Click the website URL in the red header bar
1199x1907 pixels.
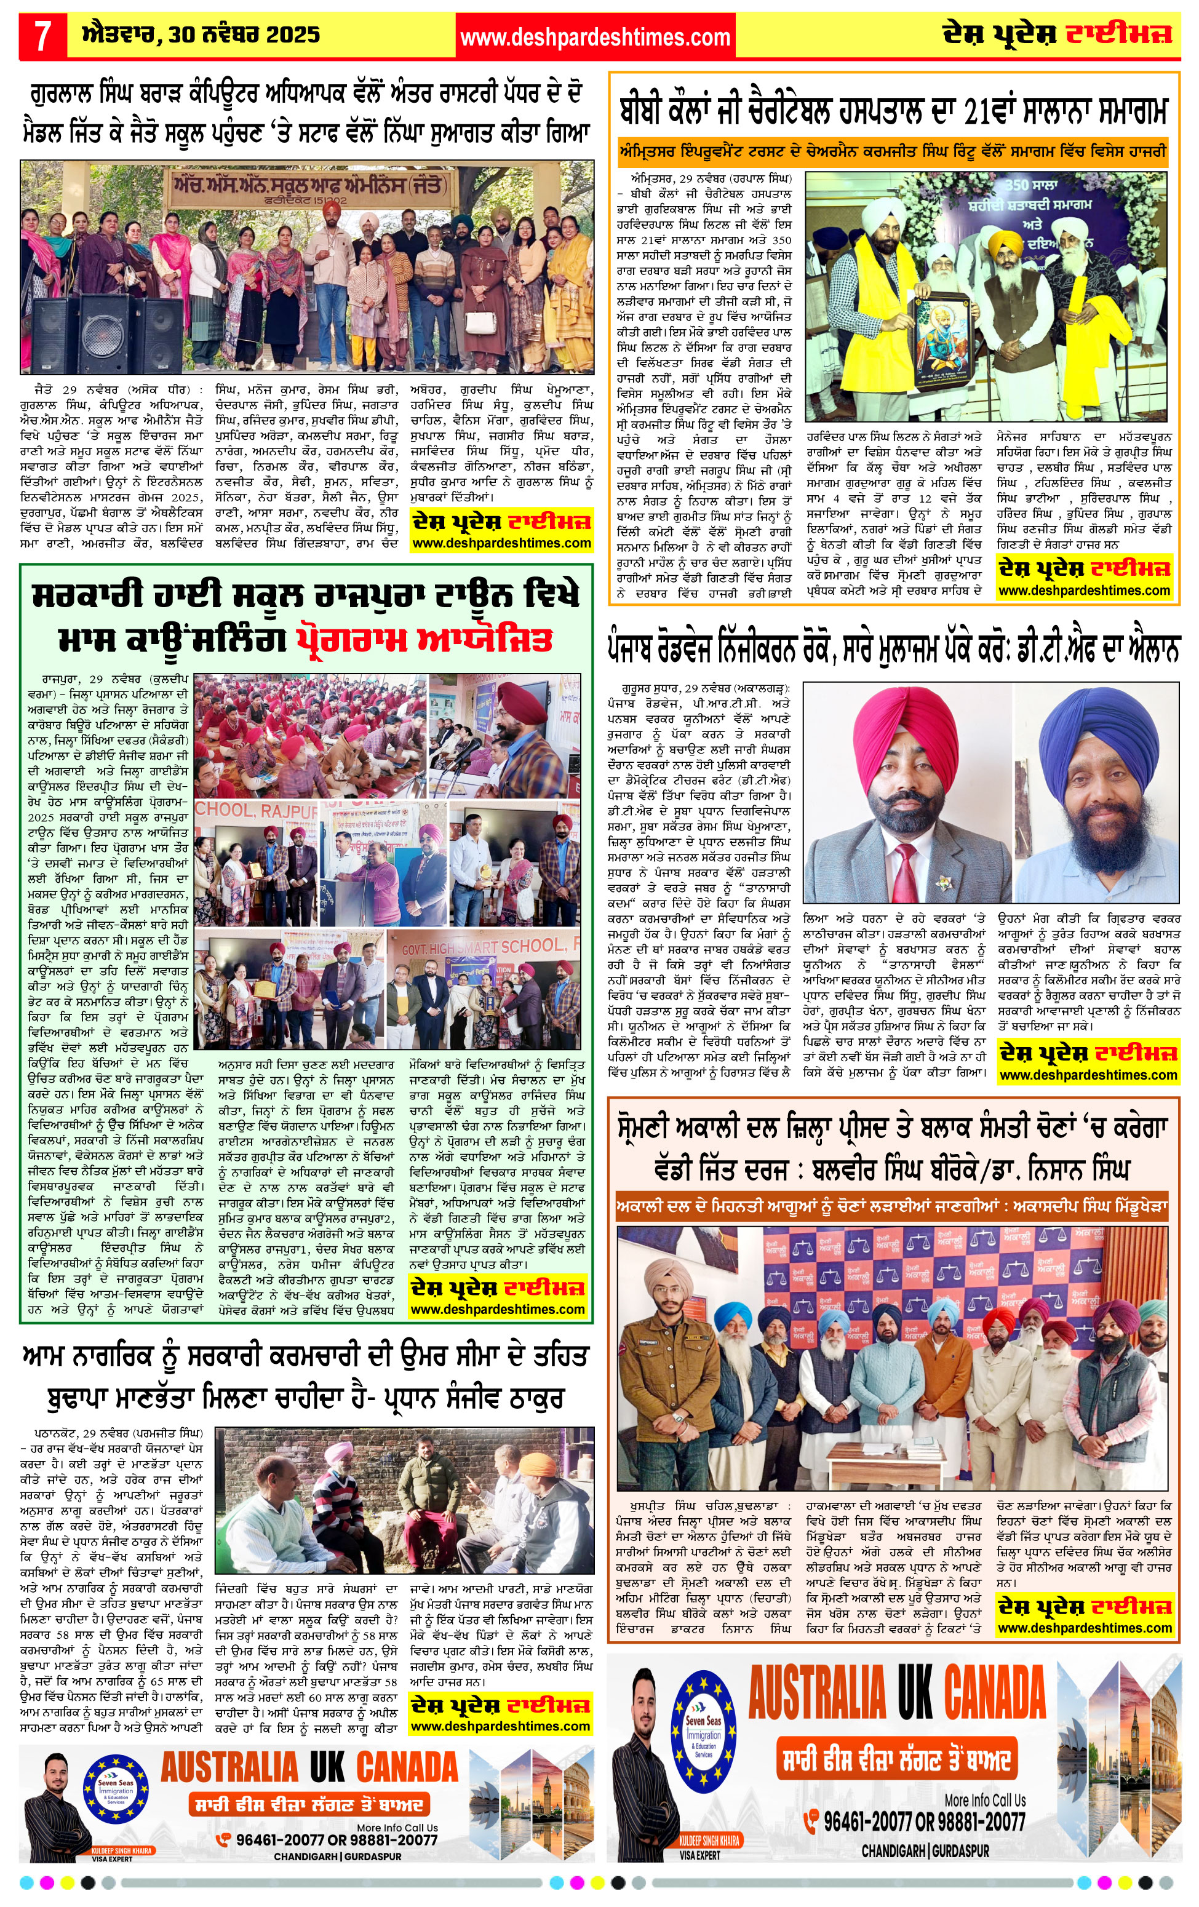click(x=595, y=36)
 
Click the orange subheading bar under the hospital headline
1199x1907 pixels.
click(x=893, y=151)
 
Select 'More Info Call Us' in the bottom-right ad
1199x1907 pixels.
click(x=984, y=1800)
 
